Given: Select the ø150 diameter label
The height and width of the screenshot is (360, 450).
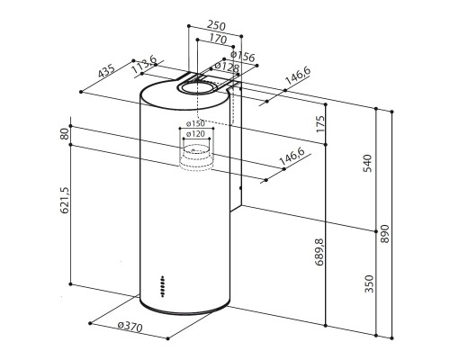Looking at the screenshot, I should (x=196, y=123).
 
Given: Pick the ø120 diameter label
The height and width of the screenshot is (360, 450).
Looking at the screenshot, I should (x=196, y=134).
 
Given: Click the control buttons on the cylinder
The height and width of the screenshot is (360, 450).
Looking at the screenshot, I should (x=161, y=285).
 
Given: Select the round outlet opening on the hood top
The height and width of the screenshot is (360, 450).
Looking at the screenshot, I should (x=199, y=86).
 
